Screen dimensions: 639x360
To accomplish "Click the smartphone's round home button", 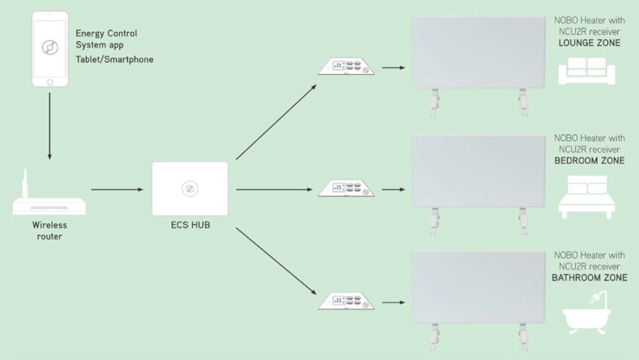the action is point(50,82).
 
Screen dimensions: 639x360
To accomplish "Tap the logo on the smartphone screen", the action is point(50,48).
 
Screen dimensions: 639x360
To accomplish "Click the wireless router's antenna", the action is point(25,183).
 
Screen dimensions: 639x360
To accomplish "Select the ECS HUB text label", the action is point(190,225).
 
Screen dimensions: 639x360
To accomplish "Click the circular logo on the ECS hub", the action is point(190,189).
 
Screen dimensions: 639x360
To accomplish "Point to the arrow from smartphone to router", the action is point(50,126).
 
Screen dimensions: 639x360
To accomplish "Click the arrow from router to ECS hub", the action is point(118,189).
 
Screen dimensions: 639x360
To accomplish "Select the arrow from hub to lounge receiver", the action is point(277,122).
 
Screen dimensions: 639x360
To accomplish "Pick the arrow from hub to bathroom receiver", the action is point(277,261).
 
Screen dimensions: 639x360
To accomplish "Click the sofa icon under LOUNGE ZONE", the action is point(587,71).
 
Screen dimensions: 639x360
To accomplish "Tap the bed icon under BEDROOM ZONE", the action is point(587,197).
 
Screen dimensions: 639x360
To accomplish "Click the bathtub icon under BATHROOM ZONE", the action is point(587,312).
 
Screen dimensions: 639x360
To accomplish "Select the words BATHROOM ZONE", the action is point(589,277).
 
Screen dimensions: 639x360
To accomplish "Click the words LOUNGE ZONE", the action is point(589,43).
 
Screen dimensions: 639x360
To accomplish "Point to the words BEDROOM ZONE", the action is point(589,161).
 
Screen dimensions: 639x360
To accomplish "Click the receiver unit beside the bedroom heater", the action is point(346,189).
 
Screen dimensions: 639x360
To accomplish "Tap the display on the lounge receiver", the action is point(339,65).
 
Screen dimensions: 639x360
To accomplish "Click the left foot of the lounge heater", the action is point(435,102).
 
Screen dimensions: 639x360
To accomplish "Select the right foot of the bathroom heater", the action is point(523,337).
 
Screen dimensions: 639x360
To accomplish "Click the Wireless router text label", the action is point(50,231).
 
